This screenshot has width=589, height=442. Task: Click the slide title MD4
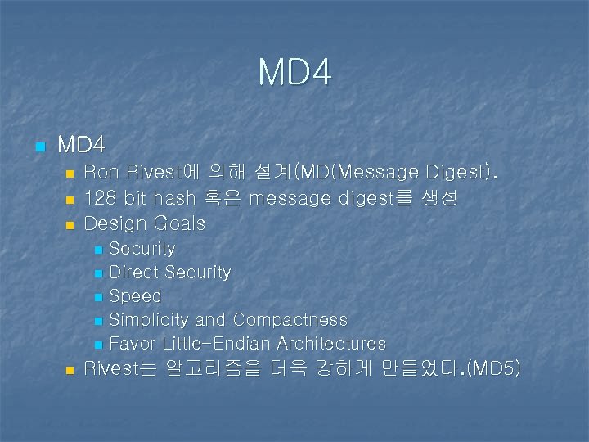(x=294, y=72)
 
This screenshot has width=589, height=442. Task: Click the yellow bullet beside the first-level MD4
(x=39, y=147)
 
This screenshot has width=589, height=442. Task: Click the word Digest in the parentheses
(x=456, y=173)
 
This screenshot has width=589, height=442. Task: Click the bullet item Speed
(x=135, y=296)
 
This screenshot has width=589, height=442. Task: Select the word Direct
(x=133, y=273)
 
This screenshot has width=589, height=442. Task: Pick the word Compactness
(x=290, y=320)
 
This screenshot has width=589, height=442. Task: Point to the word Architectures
(x=331, y=344)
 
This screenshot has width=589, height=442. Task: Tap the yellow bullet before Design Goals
(x=70, y=224)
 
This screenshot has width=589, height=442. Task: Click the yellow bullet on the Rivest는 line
(x=70, y=370)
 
